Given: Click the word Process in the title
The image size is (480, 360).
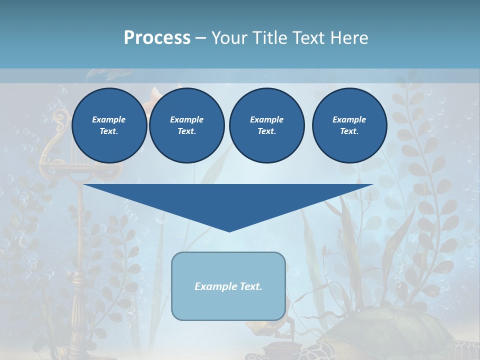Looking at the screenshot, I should coord(157,38).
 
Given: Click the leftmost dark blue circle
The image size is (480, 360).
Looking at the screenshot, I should coord(109,125).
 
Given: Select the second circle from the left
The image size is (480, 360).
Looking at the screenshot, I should coord(186,125).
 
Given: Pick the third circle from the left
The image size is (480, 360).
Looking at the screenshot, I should coord(266,125).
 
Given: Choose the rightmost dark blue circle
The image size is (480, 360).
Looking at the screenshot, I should coord(349,125).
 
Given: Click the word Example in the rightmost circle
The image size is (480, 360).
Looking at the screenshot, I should coord(349,119).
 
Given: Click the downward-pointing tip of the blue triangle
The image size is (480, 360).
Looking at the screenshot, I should coord(229,230).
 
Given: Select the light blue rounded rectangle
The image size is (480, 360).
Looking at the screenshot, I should coord(228,300).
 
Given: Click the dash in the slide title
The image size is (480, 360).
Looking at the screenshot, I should coord(200,38).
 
